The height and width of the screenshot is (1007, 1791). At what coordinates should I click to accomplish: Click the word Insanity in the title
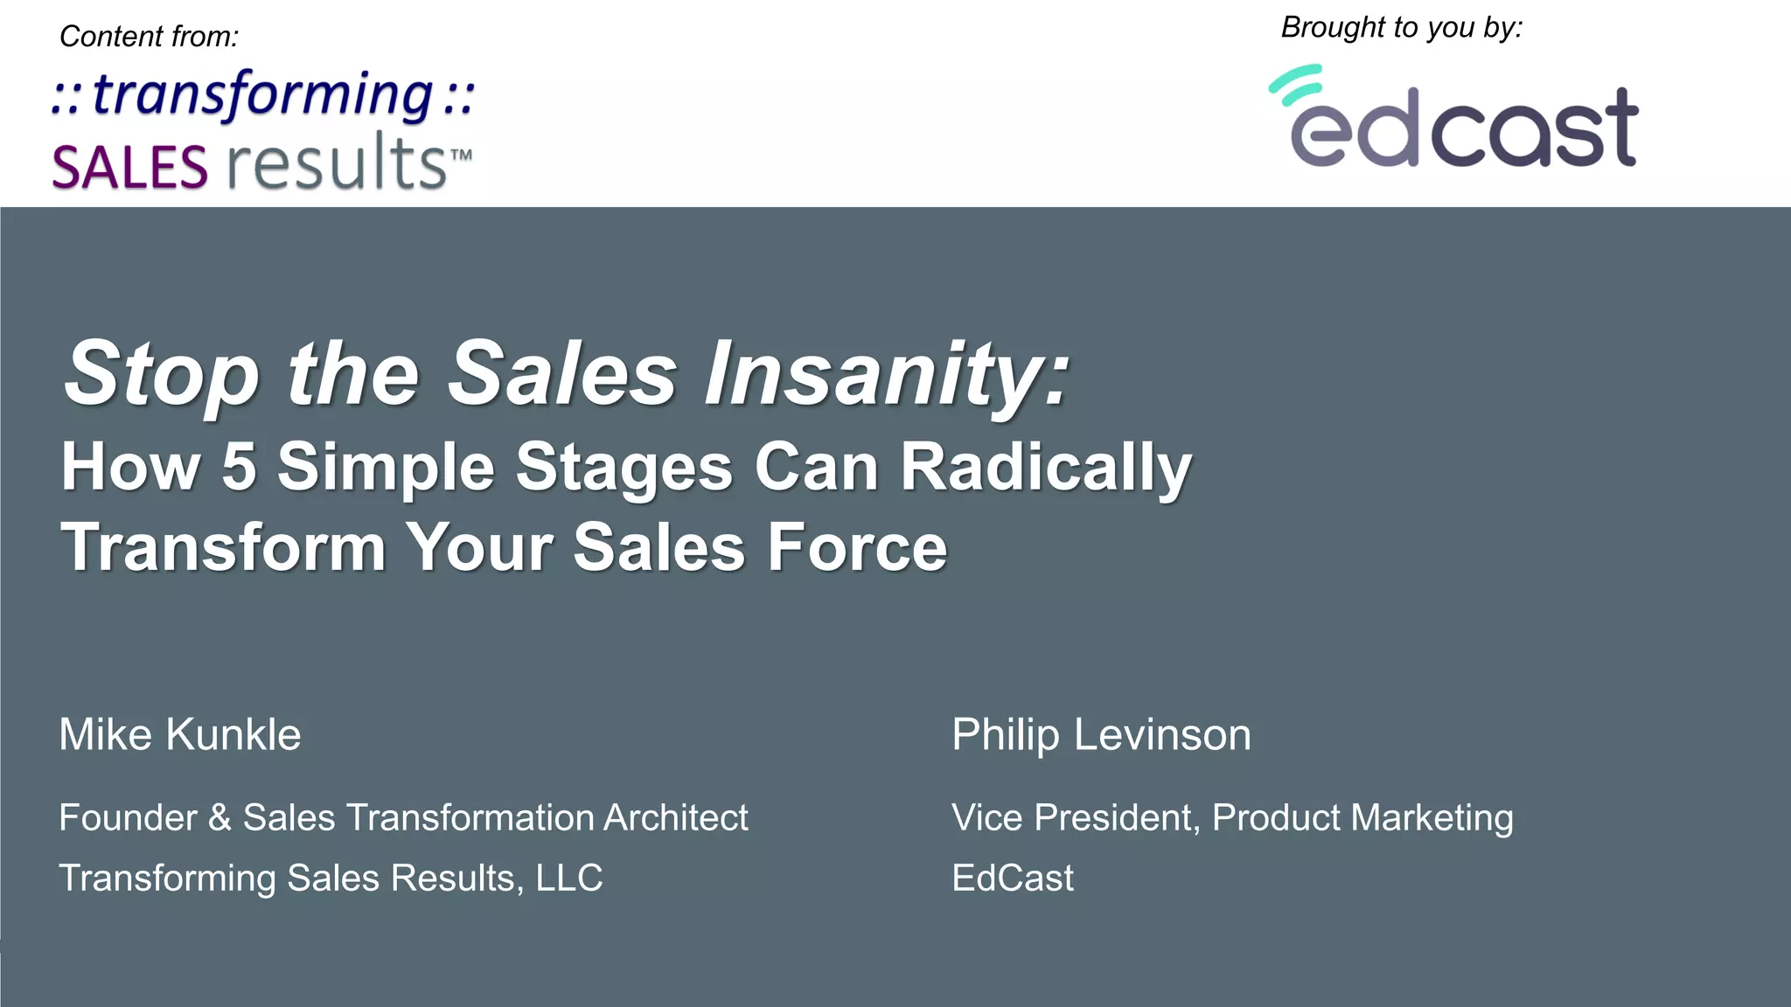[x=887, y=373]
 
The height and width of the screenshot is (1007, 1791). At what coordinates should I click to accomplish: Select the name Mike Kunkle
[x=180, y=734]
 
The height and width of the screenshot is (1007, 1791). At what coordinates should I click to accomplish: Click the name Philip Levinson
[x=1101, y=734]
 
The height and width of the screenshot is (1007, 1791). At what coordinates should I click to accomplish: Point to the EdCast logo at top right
[x=1454, y=118]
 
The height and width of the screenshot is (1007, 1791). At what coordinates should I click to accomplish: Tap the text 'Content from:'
[x=149, y=37]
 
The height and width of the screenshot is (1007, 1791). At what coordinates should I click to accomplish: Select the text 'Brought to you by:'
[x=1401, y=28]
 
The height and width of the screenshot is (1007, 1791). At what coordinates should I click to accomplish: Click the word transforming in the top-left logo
[x=262, y=94]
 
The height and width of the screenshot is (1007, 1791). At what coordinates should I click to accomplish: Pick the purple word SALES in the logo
[x=129, y=167]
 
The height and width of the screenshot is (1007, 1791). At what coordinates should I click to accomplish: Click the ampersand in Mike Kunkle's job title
[x=220, y=818]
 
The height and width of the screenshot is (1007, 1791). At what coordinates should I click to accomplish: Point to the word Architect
[x=675, y=818]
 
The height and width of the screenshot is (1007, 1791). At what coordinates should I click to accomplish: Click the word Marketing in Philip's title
[x=1432, y=818]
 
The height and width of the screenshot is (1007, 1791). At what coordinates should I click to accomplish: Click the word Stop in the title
[x=162, y=373]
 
